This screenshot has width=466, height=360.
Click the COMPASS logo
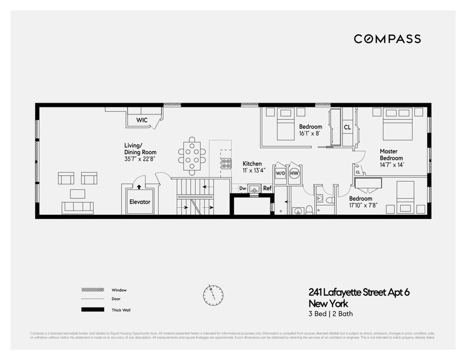387,39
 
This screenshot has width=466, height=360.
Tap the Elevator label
140,202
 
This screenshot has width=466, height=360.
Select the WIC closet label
142,120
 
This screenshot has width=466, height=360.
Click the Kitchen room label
252,164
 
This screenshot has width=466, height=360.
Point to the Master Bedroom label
391,155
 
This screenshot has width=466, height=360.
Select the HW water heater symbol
294,173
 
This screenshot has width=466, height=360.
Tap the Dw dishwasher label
243,188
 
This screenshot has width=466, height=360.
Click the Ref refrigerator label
267,188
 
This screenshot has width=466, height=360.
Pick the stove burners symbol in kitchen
226,163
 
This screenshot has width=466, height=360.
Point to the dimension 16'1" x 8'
310,133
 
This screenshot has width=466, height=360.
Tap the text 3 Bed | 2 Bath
330,314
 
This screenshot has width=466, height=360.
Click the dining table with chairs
192,156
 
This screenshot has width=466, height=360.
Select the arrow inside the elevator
139,187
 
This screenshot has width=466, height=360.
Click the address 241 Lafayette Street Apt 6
359,292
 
